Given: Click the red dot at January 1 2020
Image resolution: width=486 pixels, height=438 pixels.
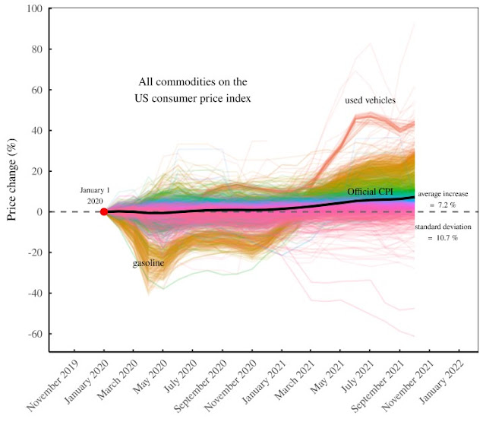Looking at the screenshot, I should [x=104, y=211].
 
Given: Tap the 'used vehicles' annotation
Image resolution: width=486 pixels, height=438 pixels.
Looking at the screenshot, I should [x=370, y=100].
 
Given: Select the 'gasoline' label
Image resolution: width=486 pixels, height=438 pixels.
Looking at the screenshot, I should [x=149, y=262].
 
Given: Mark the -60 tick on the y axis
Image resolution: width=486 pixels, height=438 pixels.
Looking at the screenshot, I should [x=36, y=334].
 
